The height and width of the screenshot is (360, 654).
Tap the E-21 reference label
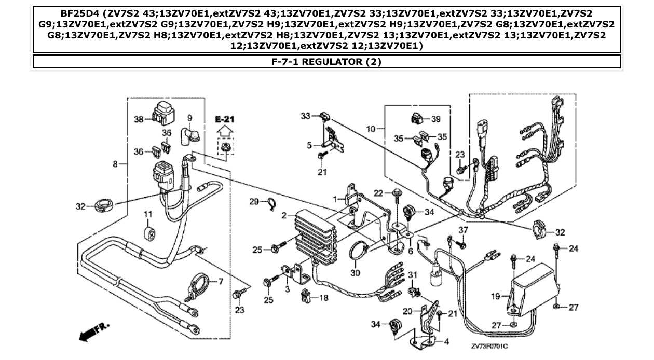pos(225,119)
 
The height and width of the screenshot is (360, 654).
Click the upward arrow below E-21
pos(225,132)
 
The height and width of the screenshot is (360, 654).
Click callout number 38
pos(139,119)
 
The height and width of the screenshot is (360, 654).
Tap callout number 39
pos(435,119)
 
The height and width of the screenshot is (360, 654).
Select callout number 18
pos(323,298)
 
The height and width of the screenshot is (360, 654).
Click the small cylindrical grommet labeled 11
pos(149,233)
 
